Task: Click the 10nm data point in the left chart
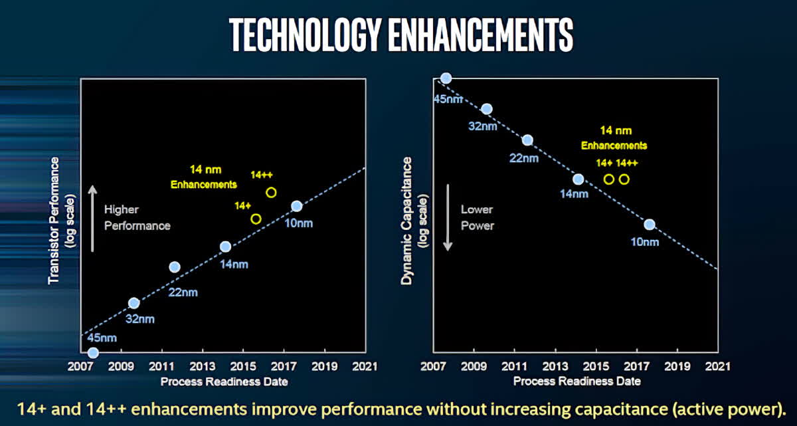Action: click(296, 206)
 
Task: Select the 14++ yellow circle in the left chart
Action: click(271, 193)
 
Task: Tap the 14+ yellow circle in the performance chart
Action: click(256, 219)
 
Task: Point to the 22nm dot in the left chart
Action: click(175, 266)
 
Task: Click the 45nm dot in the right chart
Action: click(446, 78)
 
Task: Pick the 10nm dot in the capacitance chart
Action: click(650, 224)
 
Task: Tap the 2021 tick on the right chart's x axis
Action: click(717, 366)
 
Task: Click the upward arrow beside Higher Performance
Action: click(93, 218)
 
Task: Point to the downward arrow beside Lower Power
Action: click(448, 218)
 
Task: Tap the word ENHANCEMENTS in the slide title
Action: click(481, 35)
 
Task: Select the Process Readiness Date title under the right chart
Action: click(576, 381)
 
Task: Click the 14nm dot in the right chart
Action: click(578, 179)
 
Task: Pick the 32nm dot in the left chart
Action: click(133, 302)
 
